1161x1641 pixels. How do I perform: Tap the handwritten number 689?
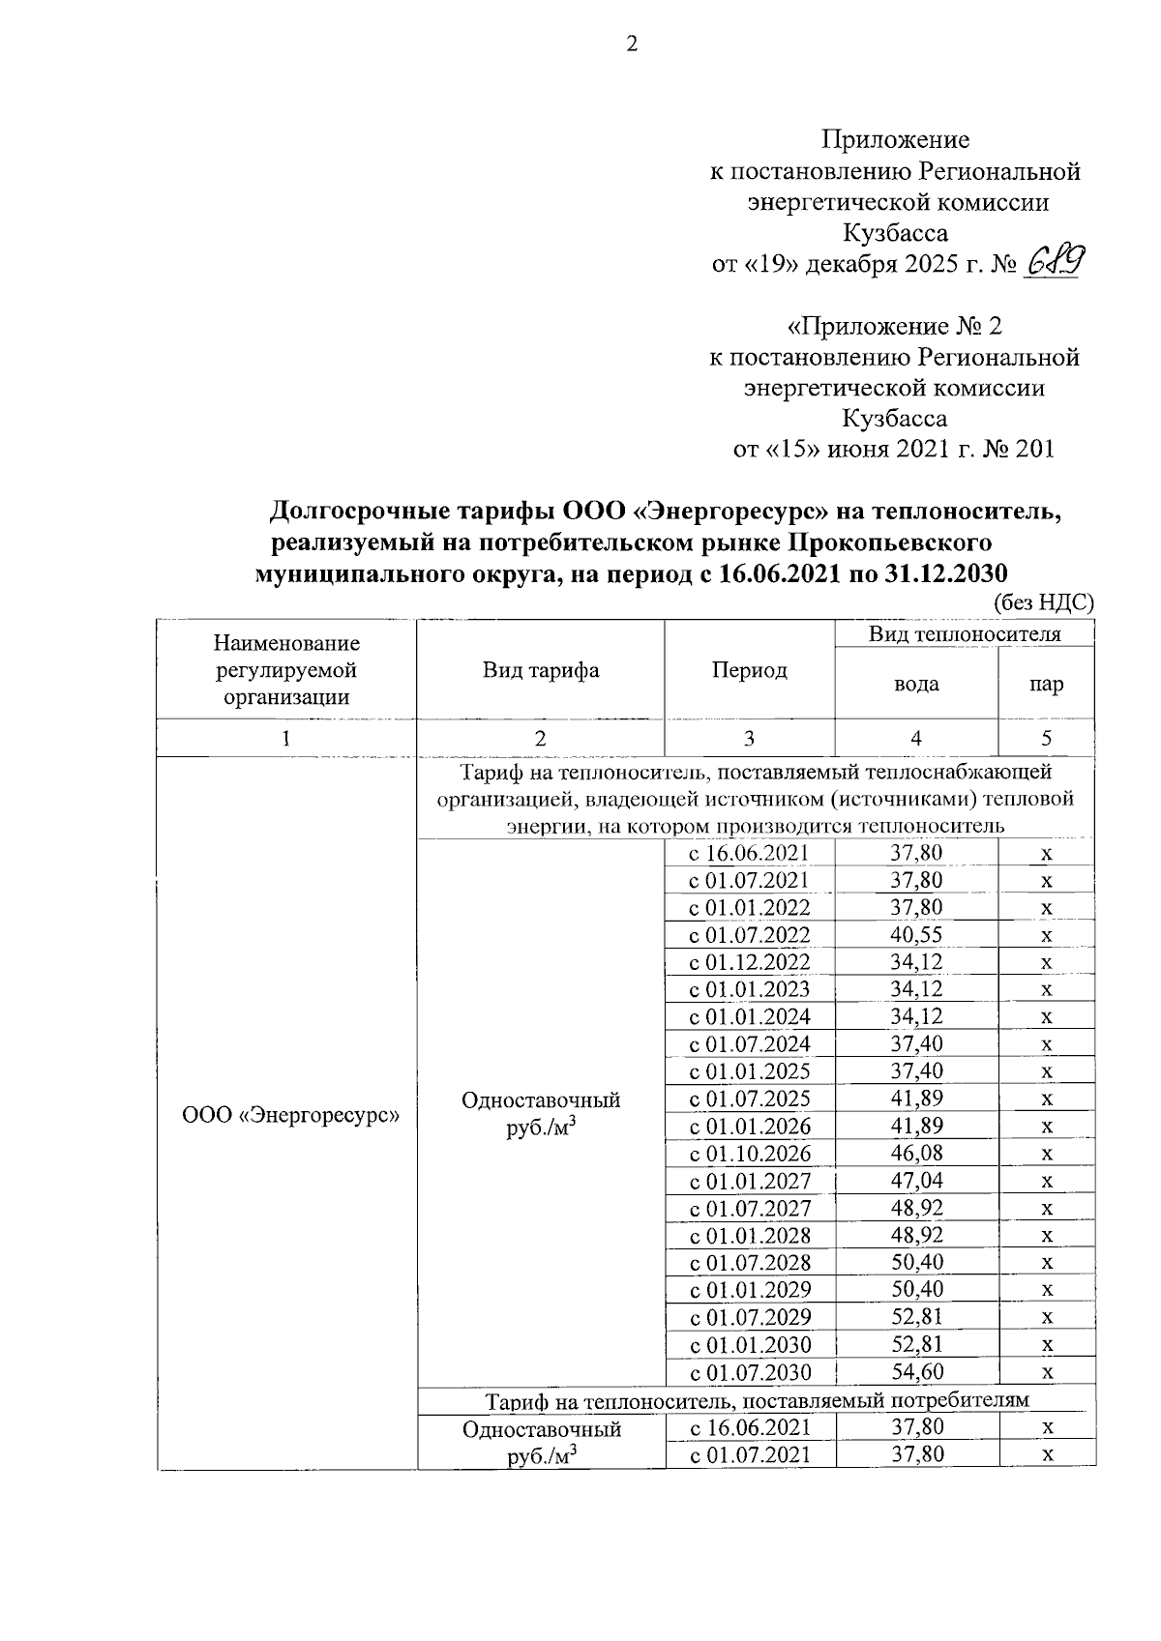(x=1054, y=261)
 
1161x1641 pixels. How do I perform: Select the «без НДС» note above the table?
(x=1045, y=601)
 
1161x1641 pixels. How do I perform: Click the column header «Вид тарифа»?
(x=541, y=670)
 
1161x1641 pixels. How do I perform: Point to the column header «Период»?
(x=749, y=670)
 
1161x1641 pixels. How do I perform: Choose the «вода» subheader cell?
(x=915, y=684)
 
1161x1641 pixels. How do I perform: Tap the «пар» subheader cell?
(x=1046, y=684)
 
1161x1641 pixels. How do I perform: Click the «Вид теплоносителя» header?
(x=964, y=633)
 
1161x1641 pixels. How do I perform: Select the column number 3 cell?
(x=749, y=739)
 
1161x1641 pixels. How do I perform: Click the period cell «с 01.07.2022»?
(x=749, y=935)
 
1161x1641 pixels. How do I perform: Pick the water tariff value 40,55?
(x=915, y=934)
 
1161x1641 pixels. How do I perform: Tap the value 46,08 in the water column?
(x=915, y=1153)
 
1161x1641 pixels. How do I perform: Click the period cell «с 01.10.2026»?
(x=749, y=1154)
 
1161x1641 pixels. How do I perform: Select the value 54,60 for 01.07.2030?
(x=915, y=1371)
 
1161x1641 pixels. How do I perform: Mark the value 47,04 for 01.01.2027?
(x=915, y=1180)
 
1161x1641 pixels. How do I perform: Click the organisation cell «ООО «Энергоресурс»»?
(x=291, y=1114)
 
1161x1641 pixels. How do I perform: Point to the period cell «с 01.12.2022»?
(x=749, y=962)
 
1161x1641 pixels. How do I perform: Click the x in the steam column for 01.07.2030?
(x=1046, y=1372)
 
